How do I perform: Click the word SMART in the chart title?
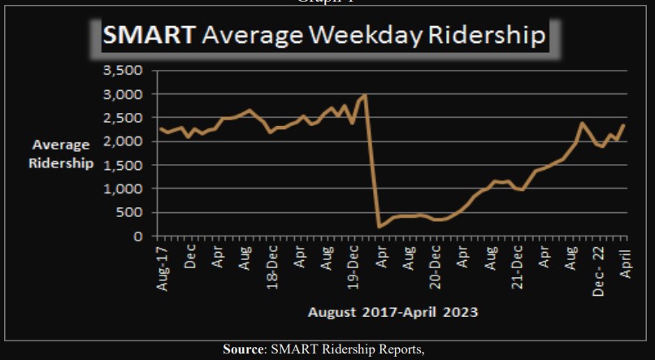pyautogui.click(x=148, y=37)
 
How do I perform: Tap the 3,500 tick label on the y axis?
pyautogui.click(x=124, y=71)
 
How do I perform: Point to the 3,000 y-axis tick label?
pyautogui.click(x=124, y=94)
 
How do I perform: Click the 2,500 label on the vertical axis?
pyautogui.click(x=124, y=118)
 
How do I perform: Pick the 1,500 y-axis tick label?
pyautogui.click(x=124, y=165)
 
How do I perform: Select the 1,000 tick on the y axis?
pyautogui.click(x=124, y=189)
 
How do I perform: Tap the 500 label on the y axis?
pyautogui.click(x=130, y=212)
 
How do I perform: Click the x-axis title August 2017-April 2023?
pyautogui.click(x=393, y=311)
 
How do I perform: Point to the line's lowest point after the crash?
pyautogui.click(x=379, y=228)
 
